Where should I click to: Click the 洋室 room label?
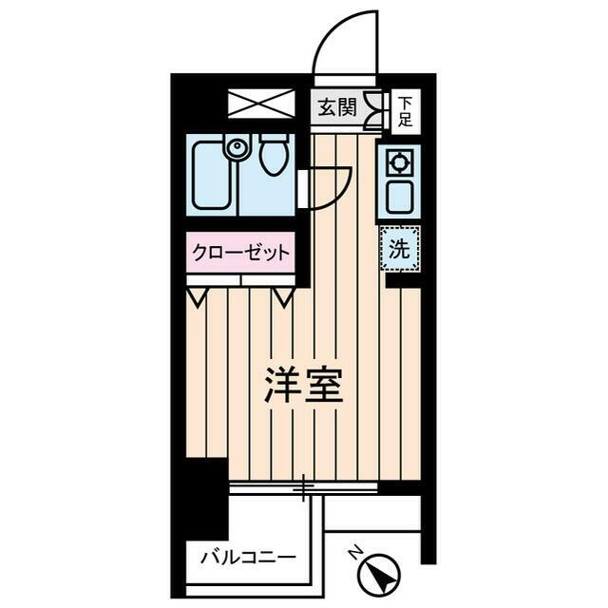coord(303,385)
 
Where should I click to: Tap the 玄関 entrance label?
coord(337,108)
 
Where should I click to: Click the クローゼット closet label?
coord(240,253)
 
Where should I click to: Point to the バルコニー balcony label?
coord(247,558)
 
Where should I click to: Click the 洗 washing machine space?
coord(401,249)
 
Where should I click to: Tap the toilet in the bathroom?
coord(274,156)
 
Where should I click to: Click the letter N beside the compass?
coord(353,554)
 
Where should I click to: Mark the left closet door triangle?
coord(199,296)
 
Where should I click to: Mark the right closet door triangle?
coord(283,296)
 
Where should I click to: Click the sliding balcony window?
coord(304,488)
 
